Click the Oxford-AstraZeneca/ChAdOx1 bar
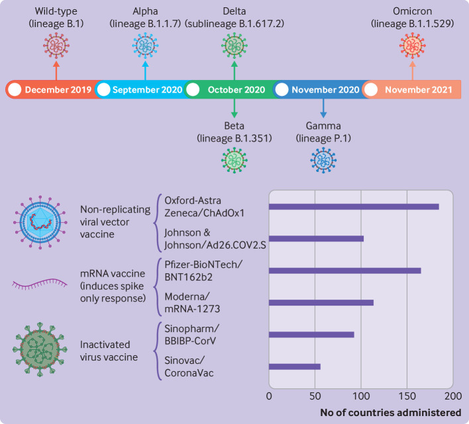[x=354, y=206]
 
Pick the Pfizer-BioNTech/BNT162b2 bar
[x=344, y=271]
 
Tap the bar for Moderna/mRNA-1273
[x=321, y=302]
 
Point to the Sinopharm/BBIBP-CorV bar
[x=311, y=334]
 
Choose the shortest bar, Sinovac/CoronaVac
[x=295, y=366]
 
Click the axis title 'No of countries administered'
[x=391, y=412]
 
